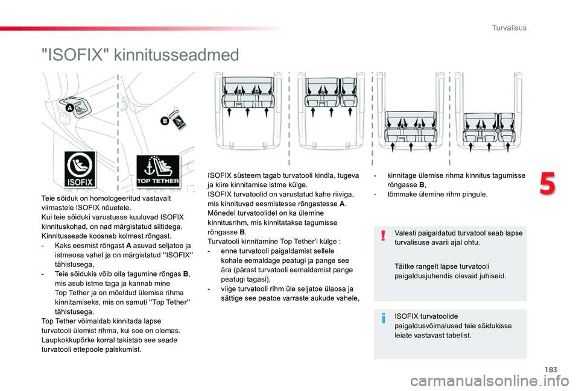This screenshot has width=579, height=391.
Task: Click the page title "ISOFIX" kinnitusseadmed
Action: [x=140, y=55]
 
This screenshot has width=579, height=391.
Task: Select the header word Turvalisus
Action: [x=509, y=28]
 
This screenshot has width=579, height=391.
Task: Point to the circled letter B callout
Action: [x=162, y=121]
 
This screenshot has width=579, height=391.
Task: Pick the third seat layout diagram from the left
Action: [x=410, y=120]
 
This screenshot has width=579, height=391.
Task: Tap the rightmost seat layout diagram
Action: [x=487, y=120]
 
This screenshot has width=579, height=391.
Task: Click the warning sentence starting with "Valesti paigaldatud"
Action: [x=458, y=237]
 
